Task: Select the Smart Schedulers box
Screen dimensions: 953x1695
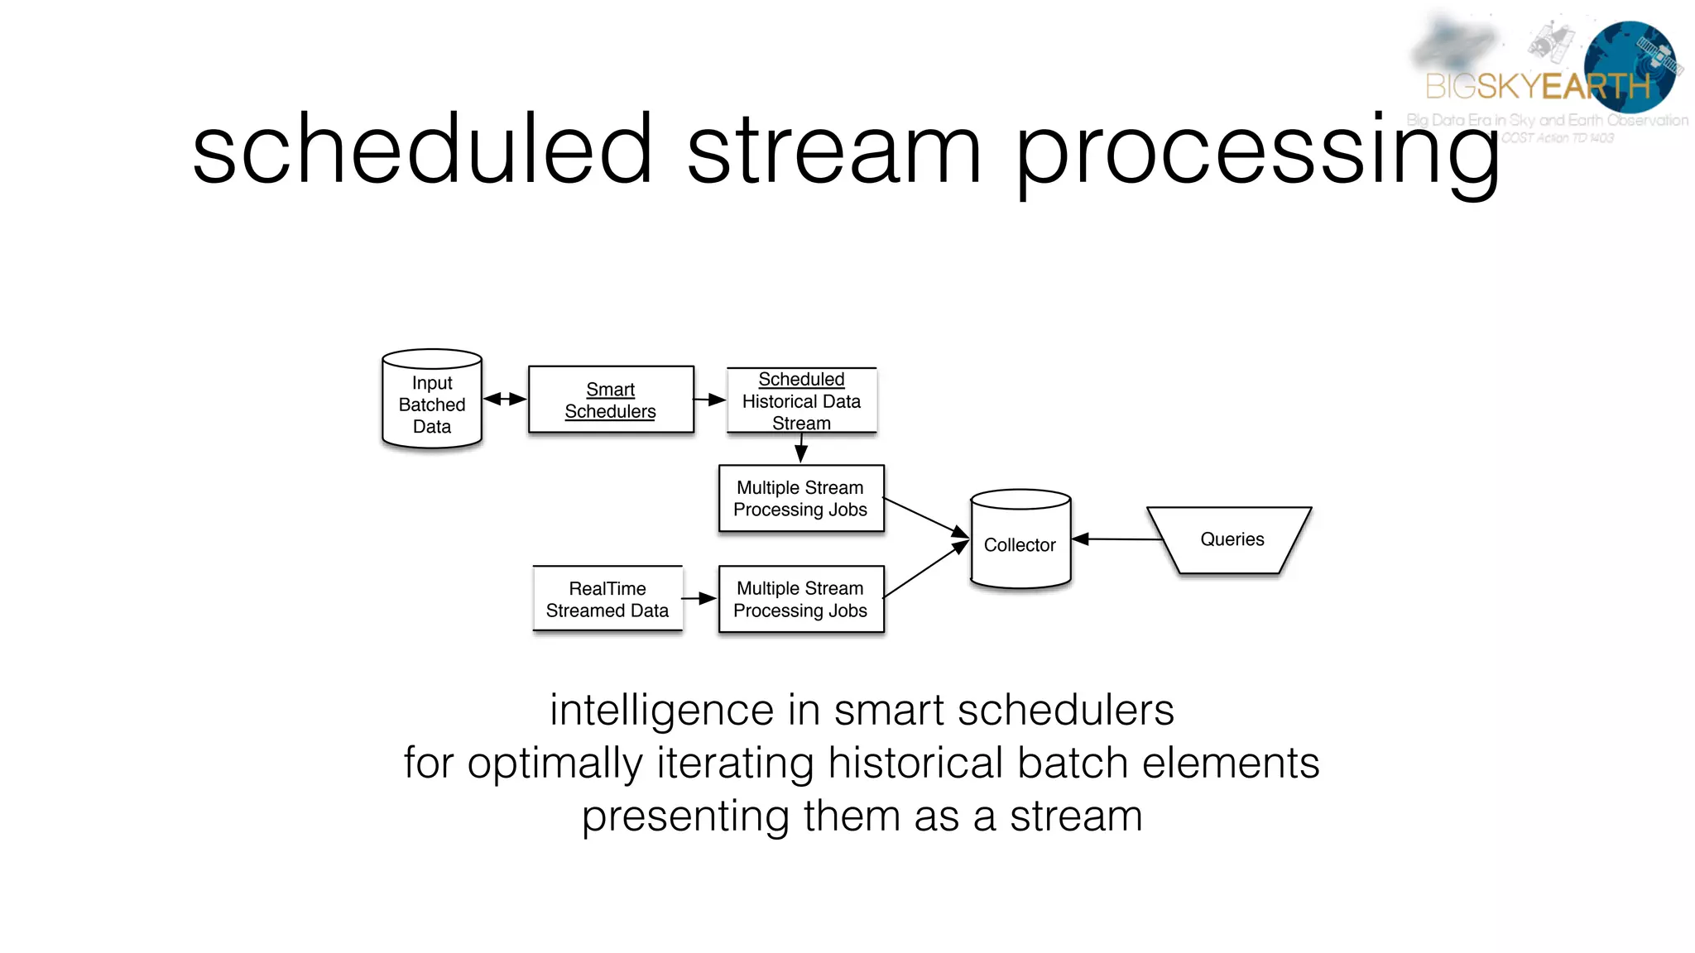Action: (x=610, y=400)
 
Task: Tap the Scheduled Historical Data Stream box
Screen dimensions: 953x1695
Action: (x=801, y=400)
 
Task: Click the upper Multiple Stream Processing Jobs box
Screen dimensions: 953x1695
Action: (x=800, y=498)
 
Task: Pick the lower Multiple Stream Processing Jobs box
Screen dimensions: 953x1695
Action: (x=800, y=599)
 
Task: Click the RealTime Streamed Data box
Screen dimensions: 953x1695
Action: (x=607, y=599)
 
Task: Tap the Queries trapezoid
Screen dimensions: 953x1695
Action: (x=1231, y=539)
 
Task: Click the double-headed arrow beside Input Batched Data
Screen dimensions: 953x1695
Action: (x=505, y=399)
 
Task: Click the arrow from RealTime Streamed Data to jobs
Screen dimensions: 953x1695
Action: (x=699, y=598)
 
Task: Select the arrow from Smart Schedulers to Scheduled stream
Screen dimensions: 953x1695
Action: (x=709, y=400)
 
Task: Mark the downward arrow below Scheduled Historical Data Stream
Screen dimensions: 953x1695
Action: (x=800, y=448)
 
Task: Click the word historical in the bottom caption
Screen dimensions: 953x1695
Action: (x=915, y=762)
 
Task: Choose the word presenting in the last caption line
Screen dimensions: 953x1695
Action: (x=685, y=817)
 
